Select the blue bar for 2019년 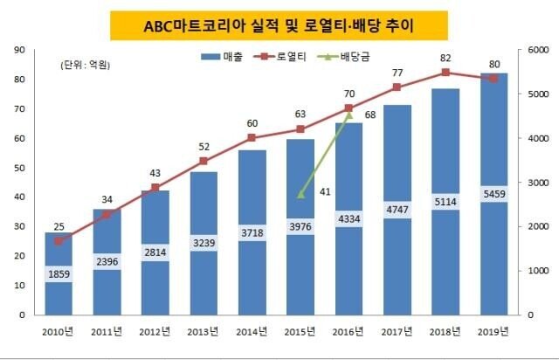point(493,193)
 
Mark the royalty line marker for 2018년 point(445,73)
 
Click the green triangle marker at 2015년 point(300,194)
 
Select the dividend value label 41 point(323,191)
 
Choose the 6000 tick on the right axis point(535,51)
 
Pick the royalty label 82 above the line point(445,58)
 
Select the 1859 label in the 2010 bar point(59,273)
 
